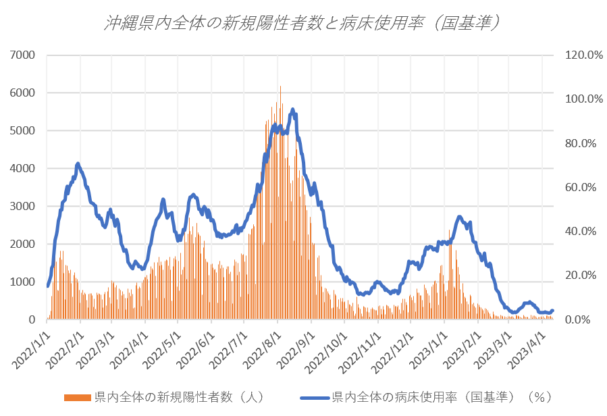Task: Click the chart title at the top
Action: [303, 23]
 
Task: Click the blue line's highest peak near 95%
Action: [292, 109]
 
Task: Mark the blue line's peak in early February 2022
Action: [78, 163]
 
